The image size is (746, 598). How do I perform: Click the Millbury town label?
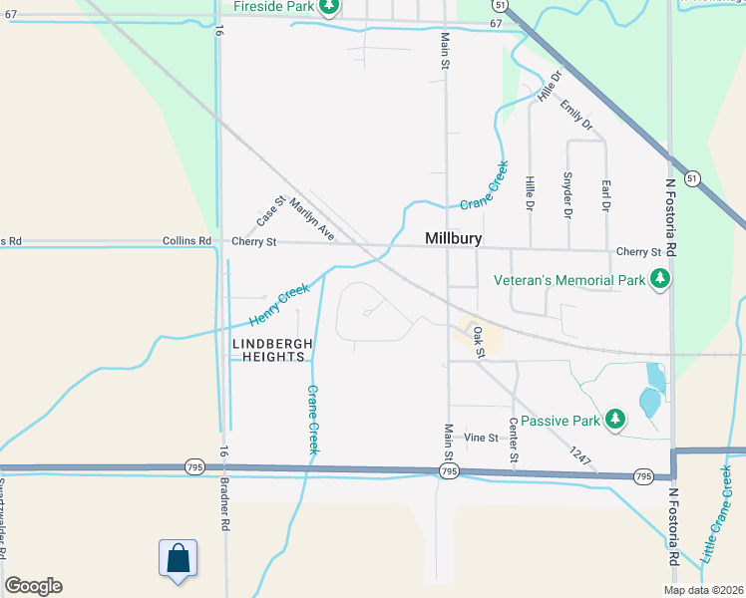point(453,239)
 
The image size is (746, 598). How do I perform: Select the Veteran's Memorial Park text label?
point(570,281)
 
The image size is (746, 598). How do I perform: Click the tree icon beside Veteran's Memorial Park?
point(658,281)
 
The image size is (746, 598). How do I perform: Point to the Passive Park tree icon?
point(616,420)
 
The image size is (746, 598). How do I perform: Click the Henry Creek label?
point(279,305)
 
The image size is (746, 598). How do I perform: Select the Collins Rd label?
point(186,241)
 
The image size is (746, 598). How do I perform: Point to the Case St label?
point(269,210)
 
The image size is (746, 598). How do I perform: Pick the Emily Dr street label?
point(576,116)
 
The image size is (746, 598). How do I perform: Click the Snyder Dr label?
point(567,195)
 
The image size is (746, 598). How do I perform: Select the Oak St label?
point(479,341)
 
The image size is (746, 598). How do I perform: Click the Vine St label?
point(481,438)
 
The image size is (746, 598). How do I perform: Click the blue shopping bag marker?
point(178,558)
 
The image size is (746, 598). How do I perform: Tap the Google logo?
point(33,586)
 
